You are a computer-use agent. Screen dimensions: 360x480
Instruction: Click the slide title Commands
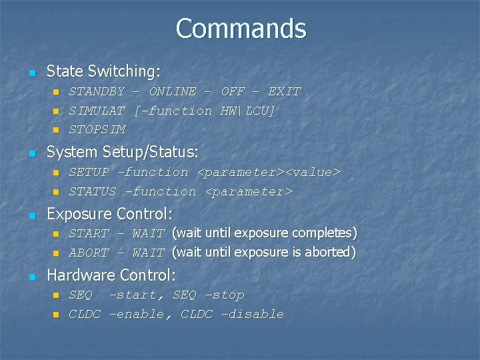click(241, 29)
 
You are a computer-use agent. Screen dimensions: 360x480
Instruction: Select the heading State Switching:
click(103, 71)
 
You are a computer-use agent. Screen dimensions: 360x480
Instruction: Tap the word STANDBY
click(97, 91)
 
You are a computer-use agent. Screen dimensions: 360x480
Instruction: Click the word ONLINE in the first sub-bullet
click(173, 91)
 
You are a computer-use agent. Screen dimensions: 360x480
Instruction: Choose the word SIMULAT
click(97, 111)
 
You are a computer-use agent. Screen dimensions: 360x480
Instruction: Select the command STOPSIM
click(97, 129)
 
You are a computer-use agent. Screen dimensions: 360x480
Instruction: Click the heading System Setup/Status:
click(122, 153)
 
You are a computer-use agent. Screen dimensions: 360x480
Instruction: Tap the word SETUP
click(89, 173)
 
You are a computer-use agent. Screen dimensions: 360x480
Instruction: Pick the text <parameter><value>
click(269, 173)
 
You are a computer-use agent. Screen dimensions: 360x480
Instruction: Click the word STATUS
click(93, 192)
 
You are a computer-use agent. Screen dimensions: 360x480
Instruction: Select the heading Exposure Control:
click(109, 214)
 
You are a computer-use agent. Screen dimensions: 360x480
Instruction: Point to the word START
click(89, 233)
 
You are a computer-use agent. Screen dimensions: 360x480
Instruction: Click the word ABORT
click(89, 253)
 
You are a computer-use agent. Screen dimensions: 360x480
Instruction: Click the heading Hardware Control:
click(111, 275)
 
